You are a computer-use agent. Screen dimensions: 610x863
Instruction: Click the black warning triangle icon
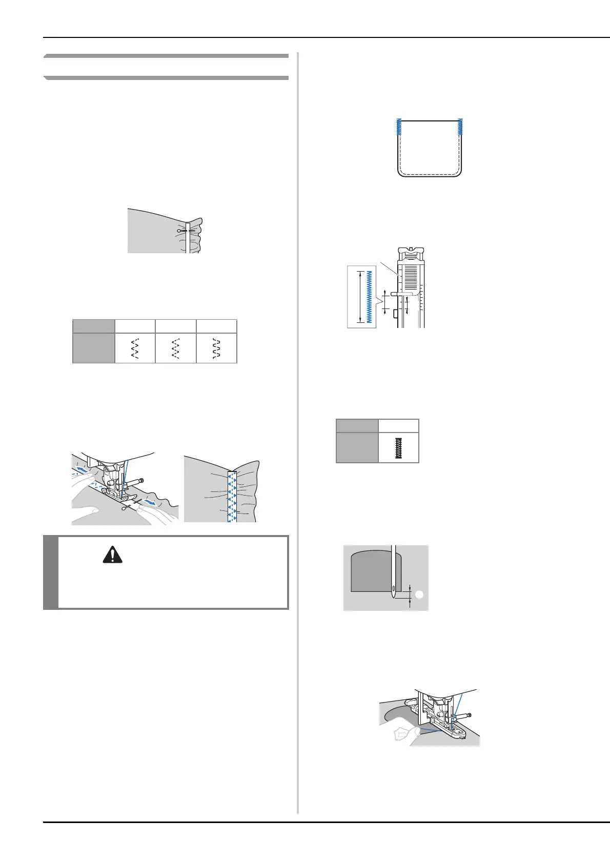click(112, 555)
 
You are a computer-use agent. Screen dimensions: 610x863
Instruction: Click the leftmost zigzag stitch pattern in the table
click(135, 348)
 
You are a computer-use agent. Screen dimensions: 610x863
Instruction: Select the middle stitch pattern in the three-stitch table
click(176, 348)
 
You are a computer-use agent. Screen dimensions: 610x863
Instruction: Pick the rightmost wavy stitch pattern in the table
click(216, 348)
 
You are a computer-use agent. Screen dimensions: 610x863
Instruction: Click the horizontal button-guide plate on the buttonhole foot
click(403, 294)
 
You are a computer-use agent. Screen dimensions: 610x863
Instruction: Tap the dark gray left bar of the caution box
click(50, 572)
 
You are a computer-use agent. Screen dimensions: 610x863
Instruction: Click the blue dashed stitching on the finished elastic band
click(232, 496)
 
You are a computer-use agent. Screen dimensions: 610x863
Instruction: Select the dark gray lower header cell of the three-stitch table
click(93, 348)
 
